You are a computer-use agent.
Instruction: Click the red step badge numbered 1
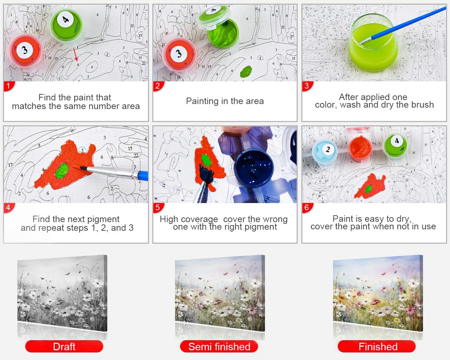9,86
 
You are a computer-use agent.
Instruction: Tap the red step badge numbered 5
158,208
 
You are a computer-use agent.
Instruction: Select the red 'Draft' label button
64,347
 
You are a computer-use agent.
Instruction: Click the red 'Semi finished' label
219,347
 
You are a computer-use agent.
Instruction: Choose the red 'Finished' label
377,347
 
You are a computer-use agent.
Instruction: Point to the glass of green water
374,43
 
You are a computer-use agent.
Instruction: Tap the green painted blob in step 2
246,71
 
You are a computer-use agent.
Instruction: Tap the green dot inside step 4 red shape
62,171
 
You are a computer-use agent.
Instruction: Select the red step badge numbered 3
307,86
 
